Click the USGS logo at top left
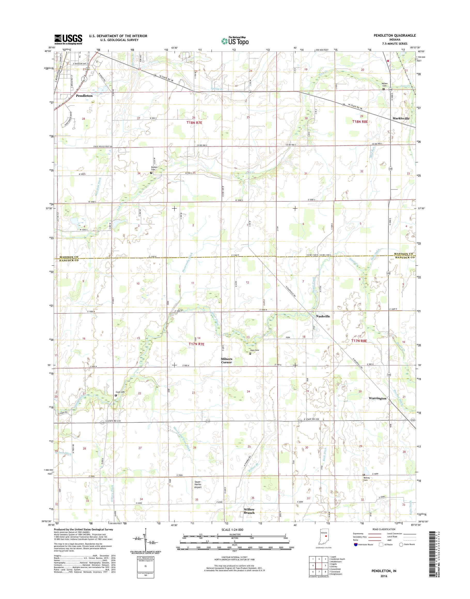[68, 39]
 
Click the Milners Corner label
[226, 360]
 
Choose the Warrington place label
[378, 398]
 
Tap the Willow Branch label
[249, 511]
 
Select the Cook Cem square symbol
[116, 395]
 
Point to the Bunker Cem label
[154, 168]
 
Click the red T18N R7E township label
[194, 123]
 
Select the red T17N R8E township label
[359, 341]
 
